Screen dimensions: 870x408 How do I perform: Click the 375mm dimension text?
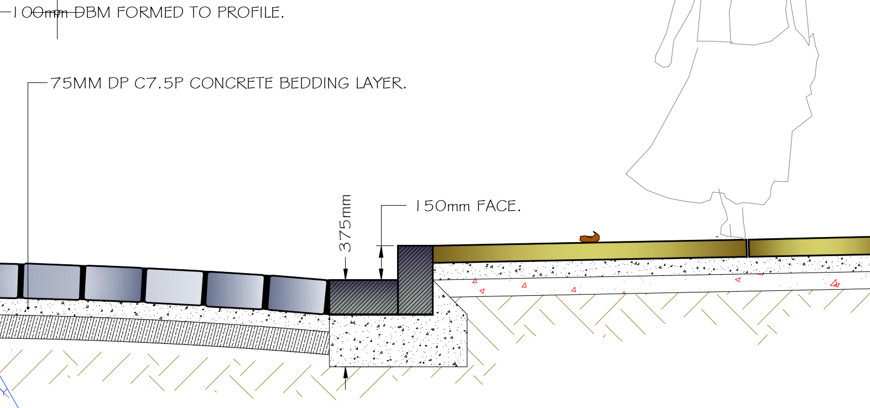point(345,223)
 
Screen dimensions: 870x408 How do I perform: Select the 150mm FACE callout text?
point(468,206)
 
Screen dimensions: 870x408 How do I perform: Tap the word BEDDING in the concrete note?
point(314,83)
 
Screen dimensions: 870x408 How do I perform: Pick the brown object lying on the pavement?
point(590,237)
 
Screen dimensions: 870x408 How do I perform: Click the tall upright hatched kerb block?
point(415,280)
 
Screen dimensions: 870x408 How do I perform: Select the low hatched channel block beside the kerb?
point(363,297)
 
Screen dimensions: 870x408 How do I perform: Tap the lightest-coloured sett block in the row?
point(174,287)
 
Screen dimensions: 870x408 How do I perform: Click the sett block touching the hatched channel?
point(297,294)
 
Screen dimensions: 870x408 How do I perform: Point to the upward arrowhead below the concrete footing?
point(345,373)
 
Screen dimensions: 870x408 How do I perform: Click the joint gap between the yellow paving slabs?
point(748,248)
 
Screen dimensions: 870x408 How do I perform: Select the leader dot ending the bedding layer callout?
point(28,308)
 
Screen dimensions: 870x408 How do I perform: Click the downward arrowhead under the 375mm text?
point(345,274)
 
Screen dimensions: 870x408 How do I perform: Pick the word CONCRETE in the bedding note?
point(231,83)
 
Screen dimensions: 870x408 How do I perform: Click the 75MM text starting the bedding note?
point(76,83)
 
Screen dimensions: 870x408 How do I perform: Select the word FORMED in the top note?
point(149,12)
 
